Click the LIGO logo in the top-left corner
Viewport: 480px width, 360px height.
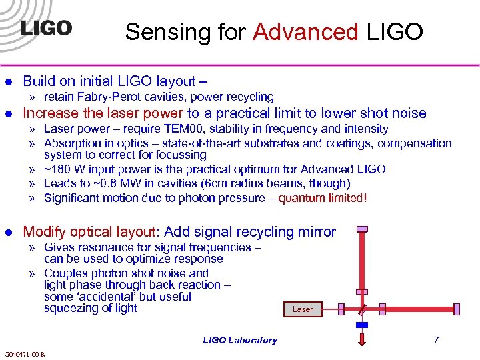46,28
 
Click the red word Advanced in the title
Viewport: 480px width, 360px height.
306,31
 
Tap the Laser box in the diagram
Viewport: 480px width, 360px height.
302,309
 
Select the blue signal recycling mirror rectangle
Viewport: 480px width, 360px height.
362,325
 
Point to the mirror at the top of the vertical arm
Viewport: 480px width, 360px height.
362,229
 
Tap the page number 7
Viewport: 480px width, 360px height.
436,340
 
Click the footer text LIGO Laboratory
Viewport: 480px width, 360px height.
240,340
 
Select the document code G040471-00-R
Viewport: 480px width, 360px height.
25,353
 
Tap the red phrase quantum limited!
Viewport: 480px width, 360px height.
323,198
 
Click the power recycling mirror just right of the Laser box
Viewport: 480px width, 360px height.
340,309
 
